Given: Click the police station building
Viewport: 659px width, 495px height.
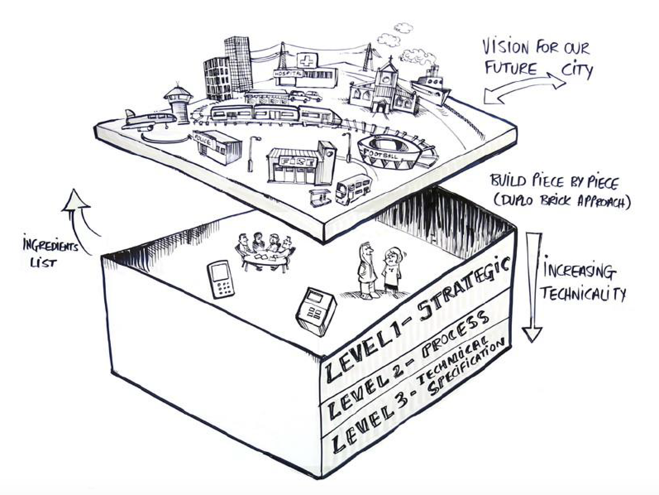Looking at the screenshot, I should (x=217, y=147).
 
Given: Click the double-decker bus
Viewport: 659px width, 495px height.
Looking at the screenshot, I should (x=353, y=188).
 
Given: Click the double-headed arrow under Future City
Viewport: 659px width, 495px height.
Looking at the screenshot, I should (x=525, y=88).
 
